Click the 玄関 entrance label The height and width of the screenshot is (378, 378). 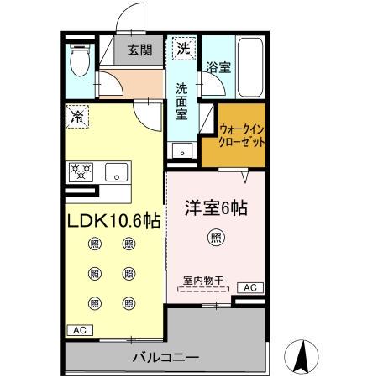[139, 50]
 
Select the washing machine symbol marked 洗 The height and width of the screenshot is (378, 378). [183, 49]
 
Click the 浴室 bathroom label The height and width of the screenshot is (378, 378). [218, 66]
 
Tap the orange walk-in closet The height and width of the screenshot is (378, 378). [242, 134]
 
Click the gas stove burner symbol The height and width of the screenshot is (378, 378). [82, 172]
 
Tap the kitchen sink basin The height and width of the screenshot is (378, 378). [114, 173]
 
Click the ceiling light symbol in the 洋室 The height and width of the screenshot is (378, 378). [216, 238]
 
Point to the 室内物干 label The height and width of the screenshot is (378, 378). [202, 281]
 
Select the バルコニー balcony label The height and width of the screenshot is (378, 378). [165, 358]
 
